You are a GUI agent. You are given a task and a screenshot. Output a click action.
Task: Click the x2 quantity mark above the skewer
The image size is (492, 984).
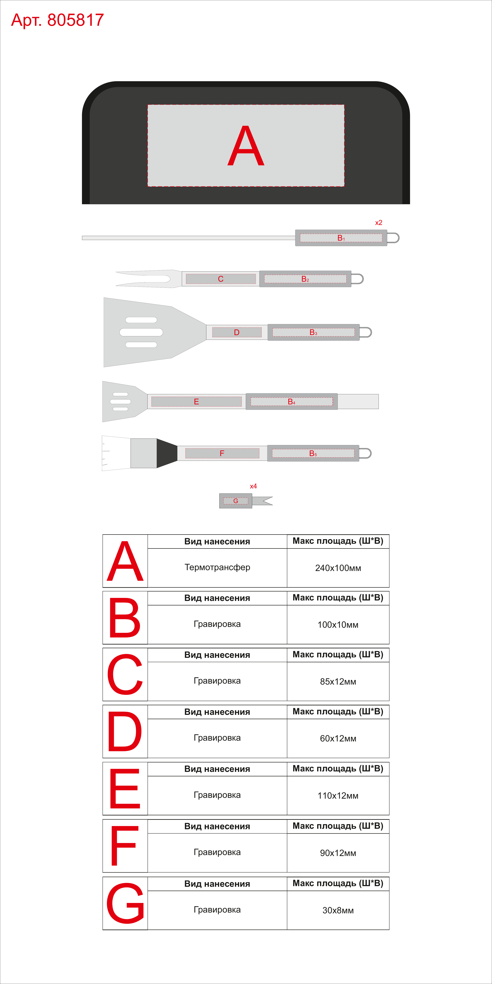(379, 223)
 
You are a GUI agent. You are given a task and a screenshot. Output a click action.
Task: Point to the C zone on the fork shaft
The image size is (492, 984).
(221, 279)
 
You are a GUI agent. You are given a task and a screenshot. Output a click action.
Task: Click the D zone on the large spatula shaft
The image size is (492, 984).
(237, 332)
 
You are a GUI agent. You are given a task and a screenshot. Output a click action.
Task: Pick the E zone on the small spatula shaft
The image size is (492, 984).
(196, 401)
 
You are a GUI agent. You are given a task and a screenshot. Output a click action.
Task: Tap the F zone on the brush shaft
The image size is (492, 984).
(222, 453)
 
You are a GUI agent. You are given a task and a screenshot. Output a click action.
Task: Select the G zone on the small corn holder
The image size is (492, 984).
(236, 501)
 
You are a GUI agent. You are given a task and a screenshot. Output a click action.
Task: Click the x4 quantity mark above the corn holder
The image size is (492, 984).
(253, 486)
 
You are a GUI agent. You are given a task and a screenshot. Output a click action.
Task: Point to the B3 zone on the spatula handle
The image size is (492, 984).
(313, 332)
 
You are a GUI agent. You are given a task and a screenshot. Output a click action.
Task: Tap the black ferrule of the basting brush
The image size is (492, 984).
(167, 453)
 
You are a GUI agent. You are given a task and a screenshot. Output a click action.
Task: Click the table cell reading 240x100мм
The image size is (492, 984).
(338, 568)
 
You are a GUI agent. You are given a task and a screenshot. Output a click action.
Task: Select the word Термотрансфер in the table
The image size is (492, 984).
(217, 567)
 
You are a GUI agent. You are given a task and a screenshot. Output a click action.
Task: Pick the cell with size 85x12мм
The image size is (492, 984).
(338, 682)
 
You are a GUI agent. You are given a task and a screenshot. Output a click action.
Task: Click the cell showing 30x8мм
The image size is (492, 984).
(338, 910)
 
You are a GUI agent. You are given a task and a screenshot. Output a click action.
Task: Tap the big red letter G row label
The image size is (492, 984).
(125, 903)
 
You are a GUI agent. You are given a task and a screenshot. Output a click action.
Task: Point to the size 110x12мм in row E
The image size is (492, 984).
(338, 796)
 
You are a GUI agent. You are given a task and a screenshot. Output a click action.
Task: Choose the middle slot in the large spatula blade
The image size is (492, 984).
(141, 332)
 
